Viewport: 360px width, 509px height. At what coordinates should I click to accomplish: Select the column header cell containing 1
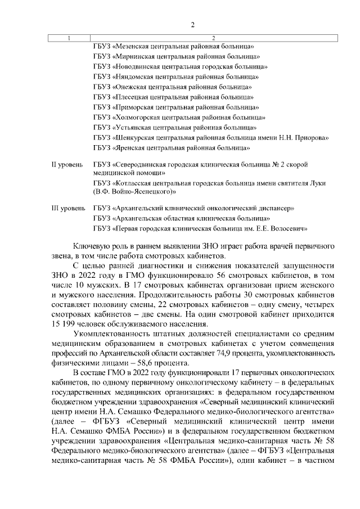pos(69,38)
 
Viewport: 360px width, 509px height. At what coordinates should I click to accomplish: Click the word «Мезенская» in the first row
pos(133,46)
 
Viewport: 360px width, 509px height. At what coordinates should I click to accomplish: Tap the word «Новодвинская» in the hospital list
pos(138,66)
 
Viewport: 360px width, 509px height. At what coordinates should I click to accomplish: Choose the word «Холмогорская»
pos(138,117)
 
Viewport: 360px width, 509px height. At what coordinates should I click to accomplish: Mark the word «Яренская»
pos(131,147)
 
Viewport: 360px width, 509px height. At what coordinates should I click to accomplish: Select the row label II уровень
pos(67,165)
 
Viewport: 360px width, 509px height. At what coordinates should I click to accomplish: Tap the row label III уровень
pos(68,208)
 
